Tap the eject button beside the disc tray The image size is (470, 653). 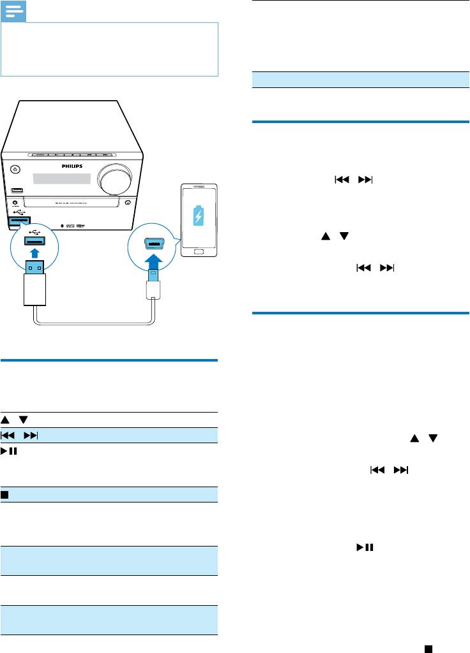pyautogui.click(x=128, y=203)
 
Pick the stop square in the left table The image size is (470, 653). pyautogui.click(x=4, y=494)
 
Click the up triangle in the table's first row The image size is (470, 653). pyautogui.click(x=5, y=419)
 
